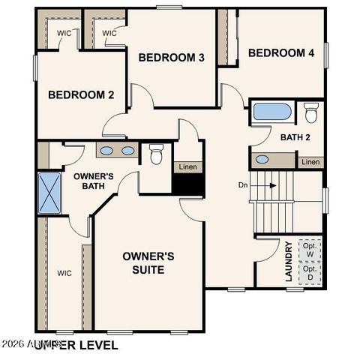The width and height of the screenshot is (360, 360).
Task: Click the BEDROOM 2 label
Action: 81,94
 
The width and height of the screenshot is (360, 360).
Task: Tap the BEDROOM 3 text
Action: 172,58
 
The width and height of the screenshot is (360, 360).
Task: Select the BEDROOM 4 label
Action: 281,52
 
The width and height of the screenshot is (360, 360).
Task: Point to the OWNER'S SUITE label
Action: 148,262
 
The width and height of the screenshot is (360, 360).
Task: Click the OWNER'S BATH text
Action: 93,182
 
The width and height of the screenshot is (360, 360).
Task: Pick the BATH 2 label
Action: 295,137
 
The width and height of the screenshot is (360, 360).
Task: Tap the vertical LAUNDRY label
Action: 289,261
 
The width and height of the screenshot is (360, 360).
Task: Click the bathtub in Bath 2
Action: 271,112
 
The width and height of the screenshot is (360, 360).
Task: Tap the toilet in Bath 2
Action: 310,112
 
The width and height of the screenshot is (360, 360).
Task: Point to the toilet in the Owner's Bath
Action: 156,154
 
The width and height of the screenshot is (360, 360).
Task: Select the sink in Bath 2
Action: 262,159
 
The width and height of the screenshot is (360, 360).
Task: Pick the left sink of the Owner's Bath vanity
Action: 107,151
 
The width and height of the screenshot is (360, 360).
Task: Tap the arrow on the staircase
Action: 268,184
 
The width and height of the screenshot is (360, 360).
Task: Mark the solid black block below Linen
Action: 188,183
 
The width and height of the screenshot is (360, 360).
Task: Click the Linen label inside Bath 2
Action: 310,162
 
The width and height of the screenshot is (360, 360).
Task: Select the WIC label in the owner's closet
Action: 64,273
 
